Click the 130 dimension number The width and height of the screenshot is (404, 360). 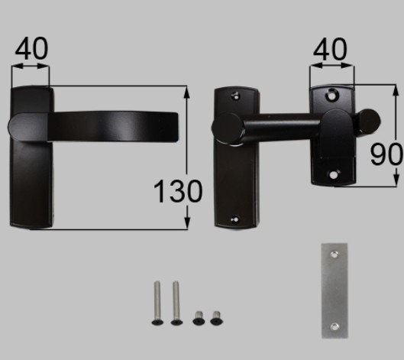[178, 191]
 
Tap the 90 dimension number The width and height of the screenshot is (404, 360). [386, 154]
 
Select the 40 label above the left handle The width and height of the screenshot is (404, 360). [31, 48]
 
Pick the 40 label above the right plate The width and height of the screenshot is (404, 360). [330, 49]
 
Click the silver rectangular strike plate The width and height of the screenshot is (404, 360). [335, 290]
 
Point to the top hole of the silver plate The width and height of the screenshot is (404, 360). [335, 255]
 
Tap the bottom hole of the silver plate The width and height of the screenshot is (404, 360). [335, 327]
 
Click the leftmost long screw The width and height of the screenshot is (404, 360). [157, 303]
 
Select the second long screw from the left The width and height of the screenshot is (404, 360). [176, 303]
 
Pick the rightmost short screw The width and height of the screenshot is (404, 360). [216, 318]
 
